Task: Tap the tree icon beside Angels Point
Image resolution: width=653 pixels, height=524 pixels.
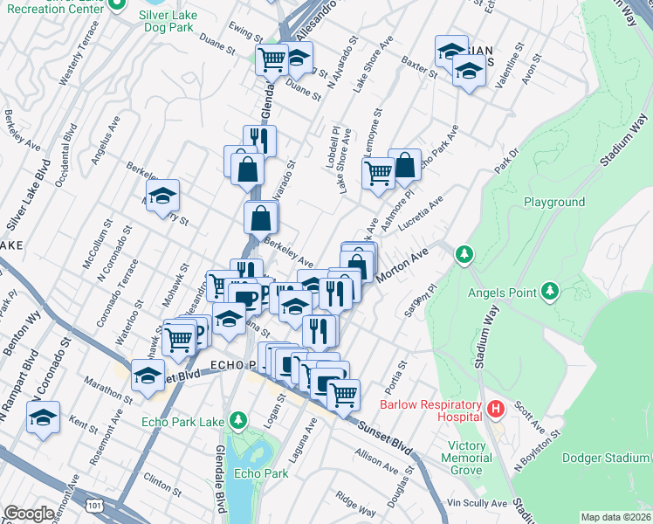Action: coord(550,290)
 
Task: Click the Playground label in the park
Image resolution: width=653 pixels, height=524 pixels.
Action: coord(553,202)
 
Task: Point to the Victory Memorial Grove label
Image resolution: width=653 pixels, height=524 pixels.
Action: coord(476,457)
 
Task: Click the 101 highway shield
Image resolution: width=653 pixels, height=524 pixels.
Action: coord(93,505)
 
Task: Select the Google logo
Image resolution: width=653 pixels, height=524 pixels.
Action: coord(29,514)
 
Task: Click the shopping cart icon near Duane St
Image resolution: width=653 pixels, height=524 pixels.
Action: coord(272,59)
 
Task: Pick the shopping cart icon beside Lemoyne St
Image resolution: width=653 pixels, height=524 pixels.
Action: coord(378,172)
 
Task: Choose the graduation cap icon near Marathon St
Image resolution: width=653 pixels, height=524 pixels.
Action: coord(148,376)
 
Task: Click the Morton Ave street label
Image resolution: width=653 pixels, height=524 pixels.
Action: coord(404,265)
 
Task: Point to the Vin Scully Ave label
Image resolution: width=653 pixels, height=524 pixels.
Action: coord(477,504)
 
